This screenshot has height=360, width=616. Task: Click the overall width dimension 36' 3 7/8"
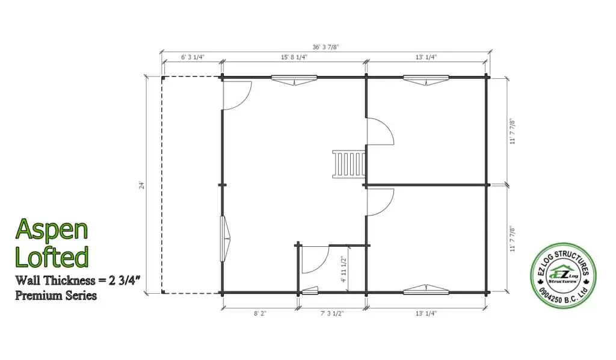[325, 47]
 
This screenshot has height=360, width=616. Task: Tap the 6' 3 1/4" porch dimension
[192, 57]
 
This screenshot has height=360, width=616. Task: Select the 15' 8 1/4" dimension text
[294, 57]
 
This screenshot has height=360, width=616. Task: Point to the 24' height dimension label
[142, 185]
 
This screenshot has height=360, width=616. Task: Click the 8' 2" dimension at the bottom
[260, 313]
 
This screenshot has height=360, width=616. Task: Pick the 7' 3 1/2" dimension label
[332, 313]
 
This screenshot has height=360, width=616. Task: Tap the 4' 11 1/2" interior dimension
[343, 269]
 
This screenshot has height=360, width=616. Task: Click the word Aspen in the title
[52, 231]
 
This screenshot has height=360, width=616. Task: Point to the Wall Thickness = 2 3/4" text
[78, 281]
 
